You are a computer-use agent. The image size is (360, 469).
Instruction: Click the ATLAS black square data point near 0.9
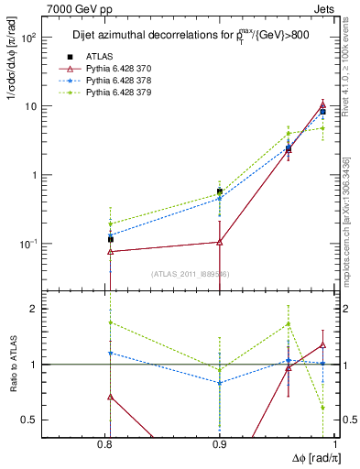(x=220, y=191)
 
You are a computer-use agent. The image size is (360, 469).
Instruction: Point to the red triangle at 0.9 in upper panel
(x=220, y=242)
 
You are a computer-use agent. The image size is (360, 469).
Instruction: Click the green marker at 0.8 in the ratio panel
(x=111, y=322)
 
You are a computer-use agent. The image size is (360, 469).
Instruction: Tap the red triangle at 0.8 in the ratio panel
(x=111, y=397)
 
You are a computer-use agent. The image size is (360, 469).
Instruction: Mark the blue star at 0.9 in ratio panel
(x=220, y=383)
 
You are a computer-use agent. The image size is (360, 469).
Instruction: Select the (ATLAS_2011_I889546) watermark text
(x=190, y=274)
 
